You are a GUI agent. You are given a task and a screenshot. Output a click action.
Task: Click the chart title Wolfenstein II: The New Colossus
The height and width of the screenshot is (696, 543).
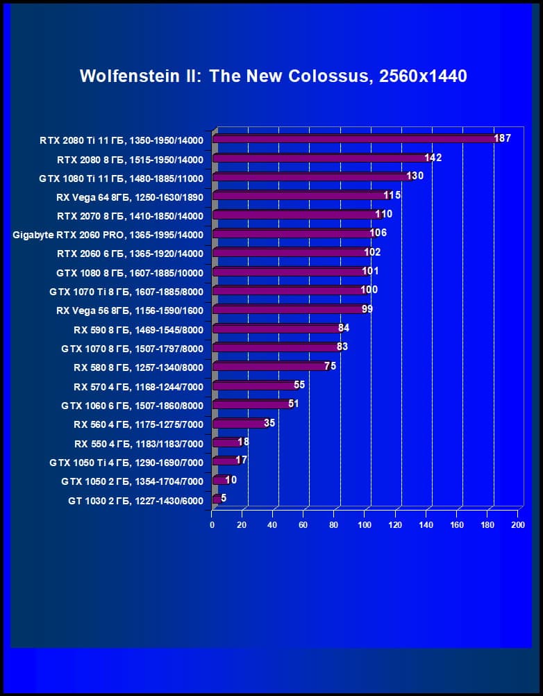click(274, 76)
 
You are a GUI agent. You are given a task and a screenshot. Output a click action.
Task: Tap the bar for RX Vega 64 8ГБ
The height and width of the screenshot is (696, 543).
click(299, 196)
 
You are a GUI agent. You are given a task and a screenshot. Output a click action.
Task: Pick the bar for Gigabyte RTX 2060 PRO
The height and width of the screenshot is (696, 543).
click(292, 233)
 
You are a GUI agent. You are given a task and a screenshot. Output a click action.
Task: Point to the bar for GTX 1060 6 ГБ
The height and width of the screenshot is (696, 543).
click(251, 404)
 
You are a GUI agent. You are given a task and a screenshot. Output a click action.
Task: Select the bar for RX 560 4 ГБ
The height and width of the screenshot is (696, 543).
click(238, 423)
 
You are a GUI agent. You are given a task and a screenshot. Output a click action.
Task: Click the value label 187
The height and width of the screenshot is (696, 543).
click(503, 138)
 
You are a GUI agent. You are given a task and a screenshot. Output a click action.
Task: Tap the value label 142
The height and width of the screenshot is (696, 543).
click(433, 158)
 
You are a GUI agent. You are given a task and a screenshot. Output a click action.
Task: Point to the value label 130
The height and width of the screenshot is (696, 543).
click(415, 176)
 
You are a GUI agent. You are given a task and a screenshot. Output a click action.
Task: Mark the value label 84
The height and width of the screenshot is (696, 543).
click(343, 328)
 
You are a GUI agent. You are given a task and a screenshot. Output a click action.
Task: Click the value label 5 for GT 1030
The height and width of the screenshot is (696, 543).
click(224, 498)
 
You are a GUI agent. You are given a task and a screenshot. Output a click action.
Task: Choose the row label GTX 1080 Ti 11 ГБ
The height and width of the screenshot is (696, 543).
click(122, 178)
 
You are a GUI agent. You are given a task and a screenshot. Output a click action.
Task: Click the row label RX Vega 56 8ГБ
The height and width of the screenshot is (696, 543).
click(130, 310)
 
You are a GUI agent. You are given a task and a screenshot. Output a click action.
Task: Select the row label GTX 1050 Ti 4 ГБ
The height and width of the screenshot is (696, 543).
click(126, 462)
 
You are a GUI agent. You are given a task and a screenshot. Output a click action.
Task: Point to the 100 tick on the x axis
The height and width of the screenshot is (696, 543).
click(365, 525)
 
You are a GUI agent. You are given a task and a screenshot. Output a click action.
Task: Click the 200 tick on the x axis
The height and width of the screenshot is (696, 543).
click(517, 525)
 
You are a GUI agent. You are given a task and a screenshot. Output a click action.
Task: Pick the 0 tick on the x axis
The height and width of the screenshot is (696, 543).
click(212, 525)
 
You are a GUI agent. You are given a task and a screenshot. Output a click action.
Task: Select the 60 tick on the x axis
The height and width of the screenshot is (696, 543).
click(303, 525)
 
